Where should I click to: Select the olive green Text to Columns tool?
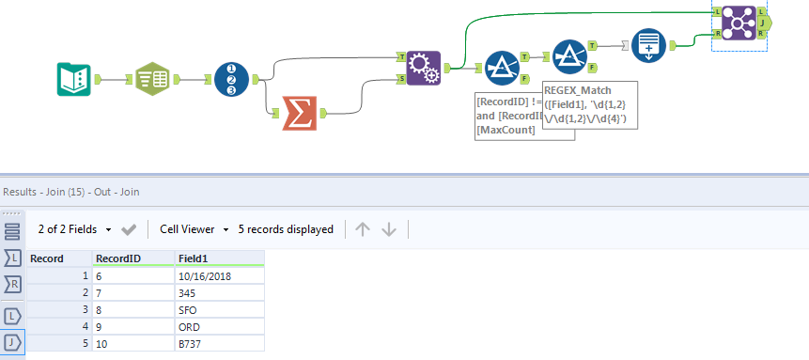tap(152, 79)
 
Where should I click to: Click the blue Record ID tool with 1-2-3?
tap(231, 79)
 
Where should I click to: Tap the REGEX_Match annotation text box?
tap(590, 105)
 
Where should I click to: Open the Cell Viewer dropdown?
tap(193, 229)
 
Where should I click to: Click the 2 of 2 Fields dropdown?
tap(74, 229)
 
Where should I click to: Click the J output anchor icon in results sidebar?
tap(12, 342)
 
